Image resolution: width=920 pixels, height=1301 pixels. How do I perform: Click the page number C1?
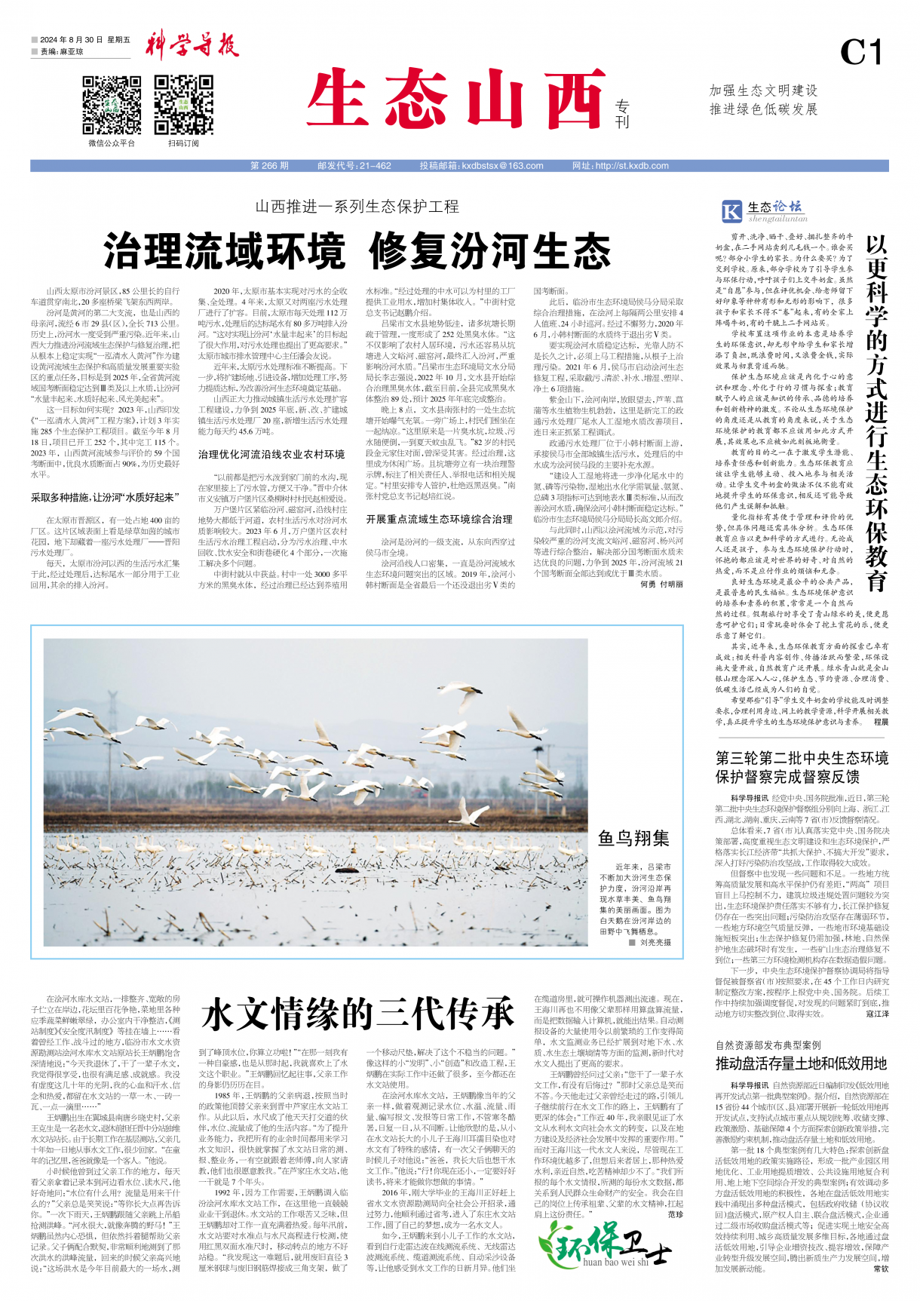pos(860,53)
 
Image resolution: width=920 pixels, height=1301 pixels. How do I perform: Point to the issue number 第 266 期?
pos(269,166)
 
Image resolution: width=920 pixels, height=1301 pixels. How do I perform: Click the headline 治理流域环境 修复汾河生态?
pos(357,252)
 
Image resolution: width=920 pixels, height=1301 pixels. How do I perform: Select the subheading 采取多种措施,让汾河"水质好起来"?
pos(105,498)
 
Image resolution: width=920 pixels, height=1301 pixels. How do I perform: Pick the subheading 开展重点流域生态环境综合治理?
pos(439,520)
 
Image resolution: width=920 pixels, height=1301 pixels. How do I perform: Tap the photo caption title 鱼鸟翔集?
pos(633,838)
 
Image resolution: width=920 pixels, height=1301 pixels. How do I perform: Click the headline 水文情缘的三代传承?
pos(358,1013)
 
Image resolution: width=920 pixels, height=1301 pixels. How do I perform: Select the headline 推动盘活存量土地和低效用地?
pos(801,1064)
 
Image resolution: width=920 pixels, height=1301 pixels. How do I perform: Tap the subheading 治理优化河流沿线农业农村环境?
pos(271,455)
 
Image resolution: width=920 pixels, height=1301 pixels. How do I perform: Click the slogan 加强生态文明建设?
pos(763,91)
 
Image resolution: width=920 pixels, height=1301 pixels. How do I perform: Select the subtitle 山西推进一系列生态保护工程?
pos(357,207)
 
